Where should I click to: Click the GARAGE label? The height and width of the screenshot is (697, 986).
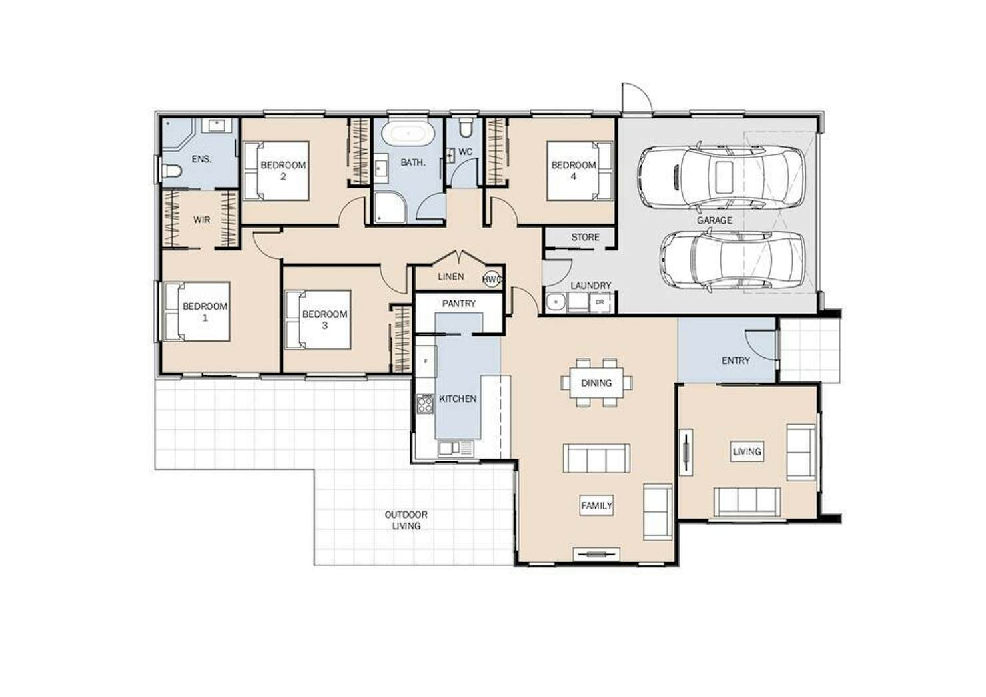714,220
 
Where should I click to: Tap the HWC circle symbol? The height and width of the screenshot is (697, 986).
491,279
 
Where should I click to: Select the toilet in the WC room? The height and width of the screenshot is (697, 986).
465,127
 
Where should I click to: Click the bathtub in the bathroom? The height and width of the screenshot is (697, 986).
408,133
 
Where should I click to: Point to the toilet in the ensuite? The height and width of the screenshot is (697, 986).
171,170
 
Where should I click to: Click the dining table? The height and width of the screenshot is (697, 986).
596,383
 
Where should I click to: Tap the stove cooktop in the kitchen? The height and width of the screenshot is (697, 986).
425,403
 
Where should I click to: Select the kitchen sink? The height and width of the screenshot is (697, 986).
455,449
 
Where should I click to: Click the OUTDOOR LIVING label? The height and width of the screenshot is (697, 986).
406,520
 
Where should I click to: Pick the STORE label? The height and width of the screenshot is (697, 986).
585,237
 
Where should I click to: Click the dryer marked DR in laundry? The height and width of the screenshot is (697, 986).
600,302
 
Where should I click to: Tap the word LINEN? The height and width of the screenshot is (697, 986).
451,276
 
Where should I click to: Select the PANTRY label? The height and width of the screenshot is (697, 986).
458,304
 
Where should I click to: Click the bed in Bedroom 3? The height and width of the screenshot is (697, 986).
318,320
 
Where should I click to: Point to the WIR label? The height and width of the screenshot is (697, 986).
202,220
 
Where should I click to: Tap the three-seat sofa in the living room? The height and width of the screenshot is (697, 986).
747,502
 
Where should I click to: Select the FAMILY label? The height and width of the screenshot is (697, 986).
596,506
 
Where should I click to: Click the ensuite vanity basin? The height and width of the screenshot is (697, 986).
217,125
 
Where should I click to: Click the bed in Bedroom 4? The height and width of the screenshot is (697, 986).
580,170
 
